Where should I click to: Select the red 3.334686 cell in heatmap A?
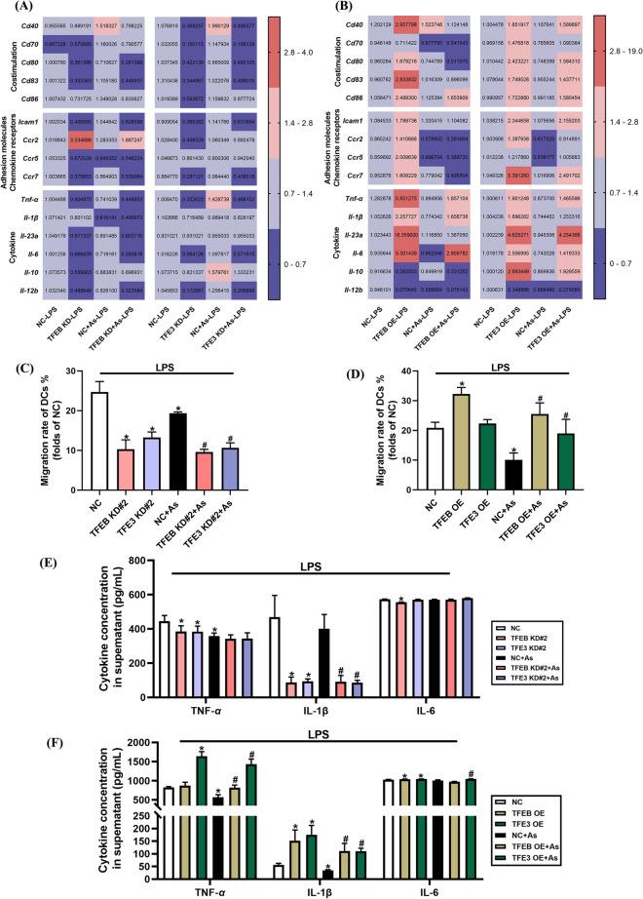95,138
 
